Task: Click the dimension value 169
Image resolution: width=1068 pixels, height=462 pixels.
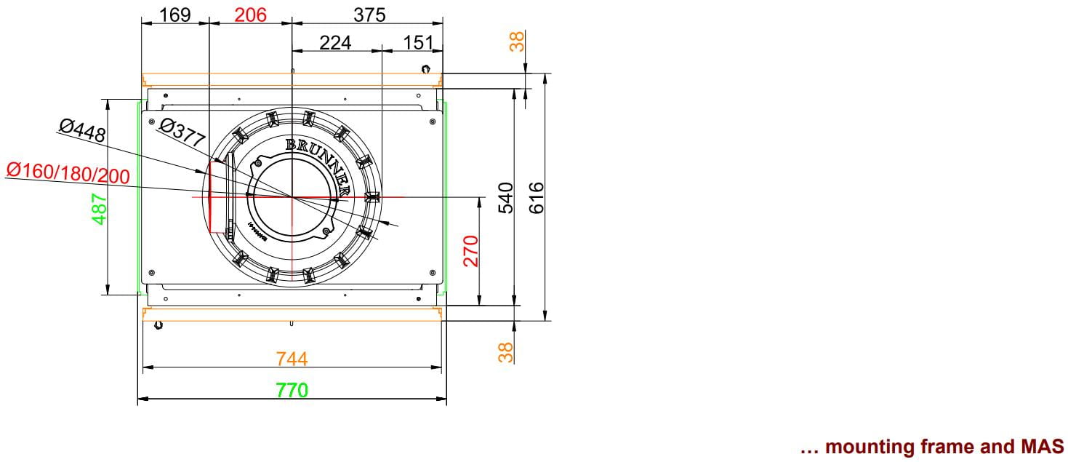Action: (175, 15)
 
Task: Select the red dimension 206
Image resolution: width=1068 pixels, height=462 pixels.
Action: (250, 15)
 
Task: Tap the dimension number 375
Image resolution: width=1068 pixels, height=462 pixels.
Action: (369, 15)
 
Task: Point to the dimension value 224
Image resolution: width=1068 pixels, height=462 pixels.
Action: (335, 43)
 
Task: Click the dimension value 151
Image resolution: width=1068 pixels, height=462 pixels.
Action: (418, 43)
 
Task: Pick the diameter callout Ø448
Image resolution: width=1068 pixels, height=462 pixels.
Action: (82, 130)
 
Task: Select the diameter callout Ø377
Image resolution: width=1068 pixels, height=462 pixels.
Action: (182, 132)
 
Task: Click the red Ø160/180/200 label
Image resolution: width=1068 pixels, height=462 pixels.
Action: (68, 173)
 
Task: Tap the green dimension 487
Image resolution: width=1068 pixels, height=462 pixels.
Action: (99, 209)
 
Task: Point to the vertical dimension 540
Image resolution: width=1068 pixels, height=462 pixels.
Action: (506, 198)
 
